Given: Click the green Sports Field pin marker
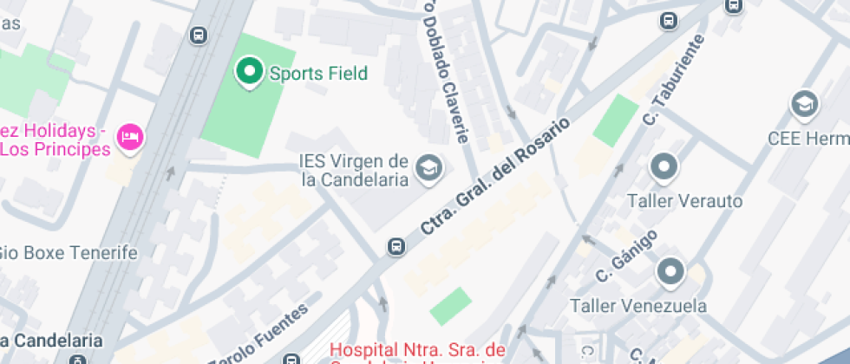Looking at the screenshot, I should point(250,72).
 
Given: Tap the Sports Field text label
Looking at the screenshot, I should point(318,74).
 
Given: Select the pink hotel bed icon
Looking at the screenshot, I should point(131,137).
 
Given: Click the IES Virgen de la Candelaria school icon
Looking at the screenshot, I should point(428,169).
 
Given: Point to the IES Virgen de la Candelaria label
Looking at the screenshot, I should point(353,171).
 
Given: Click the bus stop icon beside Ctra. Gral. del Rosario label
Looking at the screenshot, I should point(396,247).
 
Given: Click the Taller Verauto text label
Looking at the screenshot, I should point(685,201).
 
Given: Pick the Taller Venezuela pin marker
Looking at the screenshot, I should point(670,272).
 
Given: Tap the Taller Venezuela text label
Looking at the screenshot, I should point(637,306).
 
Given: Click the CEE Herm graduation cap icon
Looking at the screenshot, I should point(805,105).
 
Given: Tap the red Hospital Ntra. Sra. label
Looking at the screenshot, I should point(417,350).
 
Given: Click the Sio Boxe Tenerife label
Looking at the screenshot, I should point(69,253).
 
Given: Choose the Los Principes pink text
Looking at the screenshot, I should point(56,149).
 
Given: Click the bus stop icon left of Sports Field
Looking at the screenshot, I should point(199,36).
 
